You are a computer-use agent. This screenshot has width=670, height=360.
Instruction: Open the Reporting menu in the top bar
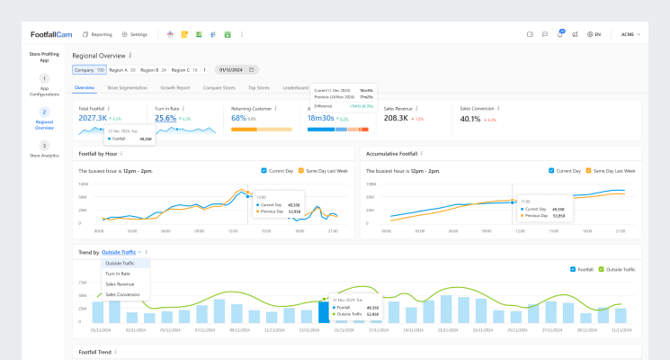[97, 34]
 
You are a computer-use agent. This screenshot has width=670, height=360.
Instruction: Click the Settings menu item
[134, 34]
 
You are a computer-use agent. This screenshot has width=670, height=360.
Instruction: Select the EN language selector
[593, 34]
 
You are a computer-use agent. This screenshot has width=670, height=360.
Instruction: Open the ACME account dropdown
[630, 34]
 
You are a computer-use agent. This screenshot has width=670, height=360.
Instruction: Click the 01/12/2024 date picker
[236, 69]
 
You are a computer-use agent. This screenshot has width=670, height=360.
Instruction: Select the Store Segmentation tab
[127, 88]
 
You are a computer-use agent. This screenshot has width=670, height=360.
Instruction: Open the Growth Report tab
[174, 88]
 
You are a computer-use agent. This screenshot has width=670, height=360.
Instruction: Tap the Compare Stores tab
[219, 88]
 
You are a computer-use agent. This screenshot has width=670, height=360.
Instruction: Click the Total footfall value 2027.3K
[93, 118]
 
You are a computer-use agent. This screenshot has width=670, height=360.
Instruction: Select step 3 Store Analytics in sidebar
[44, 149]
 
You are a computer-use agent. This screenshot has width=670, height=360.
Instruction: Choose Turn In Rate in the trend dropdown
[118, 273]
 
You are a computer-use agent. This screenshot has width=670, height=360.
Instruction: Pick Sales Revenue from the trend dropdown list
[121, 283]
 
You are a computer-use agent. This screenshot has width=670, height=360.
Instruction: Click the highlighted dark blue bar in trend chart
[324, 311]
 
